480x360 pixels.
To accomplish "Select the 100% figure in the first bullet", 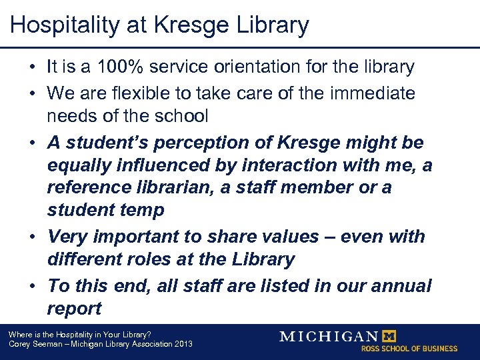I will tap(117, 67).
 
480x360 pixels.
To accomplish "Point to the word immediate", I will tap(376, 93).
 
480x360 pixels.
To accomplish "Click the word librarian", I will tap(165, 187).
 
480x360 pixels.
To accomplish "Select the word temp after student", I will tap(141, 210).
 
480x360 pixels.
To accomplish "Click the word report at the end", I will tap(74, 309).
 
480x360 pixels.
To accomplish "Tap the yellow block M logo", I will tap(387, 336).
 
